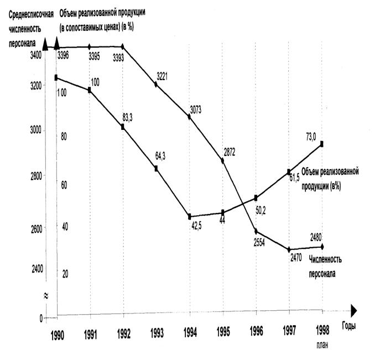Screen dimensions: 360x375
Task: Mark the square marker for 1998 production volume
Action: [322, 144]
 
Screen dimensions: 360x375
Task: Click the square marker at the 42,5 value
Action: [190, 216]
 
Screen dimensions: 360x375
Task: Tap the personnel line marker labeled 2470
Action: [289, 250]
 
